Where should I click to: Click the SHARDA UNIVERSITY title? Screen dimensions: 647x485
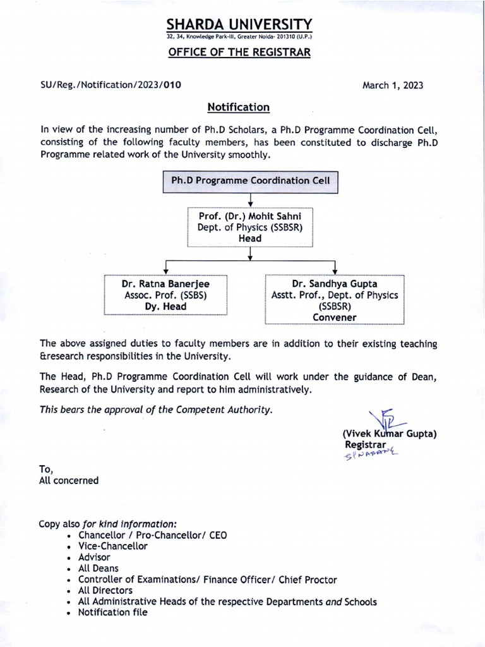click(x=239, y=24)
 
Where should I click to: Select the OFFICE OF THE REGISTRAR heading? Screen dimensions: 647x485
click(x=239, y=52)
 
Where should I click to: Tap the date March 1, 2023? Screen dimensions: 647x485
click(x=393, y=85)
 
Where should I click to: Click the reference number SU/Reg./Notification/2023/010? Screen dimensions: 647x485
click(x=111, y=85)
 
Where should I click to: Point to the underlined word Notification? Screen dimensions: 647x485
click(x=239, y=107)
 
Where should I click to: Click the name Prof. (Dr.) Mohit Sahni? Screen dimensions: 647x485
click(x=251, y=216)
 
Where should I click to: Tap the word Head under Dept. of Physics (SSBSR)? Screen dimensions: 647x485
click(x=251, y=238)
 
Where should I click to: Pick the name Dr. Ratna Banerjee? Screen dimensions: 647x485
click(x=165, y=284)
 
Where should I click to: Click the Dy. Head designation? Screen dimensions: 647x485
click(x=165, y=306)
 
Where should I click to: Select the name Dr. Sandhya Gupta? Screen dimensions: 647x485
click(x=335, y=284)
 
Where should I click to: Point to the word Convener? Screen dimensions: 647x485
click(x=335, y=317)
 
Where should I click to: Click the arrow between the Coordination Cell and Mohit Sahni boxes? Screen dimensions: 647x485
click(x=251, y=200)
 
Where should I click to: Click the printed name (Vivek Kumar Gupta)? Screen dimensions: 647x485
click(x=390, y=434)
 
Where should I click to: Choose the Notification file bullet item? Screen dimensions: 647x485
click(x=112, y=612)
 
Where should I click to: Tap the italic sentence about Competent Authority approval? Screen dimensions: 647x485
click(x=157, y=409)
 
